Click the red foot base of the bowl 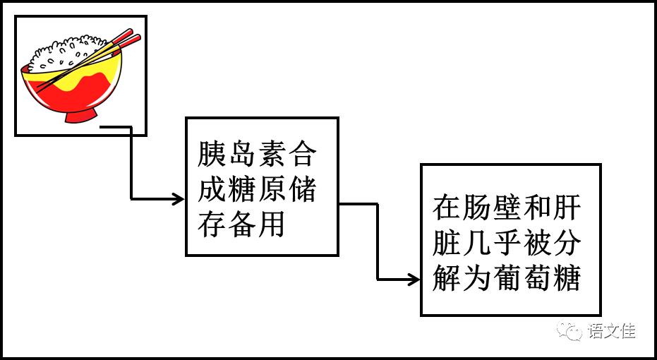(x=80, y=115)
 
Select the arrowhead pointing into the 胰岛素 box (x=179, y=199)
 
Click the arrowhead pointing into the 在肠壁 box (x=414, y=280)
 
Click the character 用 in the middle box (x=272, y=225)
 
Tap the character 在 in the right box (x=447, y=208)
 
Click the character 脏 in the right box (x=447, y=244)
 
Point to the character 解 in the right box (x=447, y=280)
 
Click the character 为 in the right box (x=477, y=280)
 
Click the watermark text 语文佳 (x=611, y=330)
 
